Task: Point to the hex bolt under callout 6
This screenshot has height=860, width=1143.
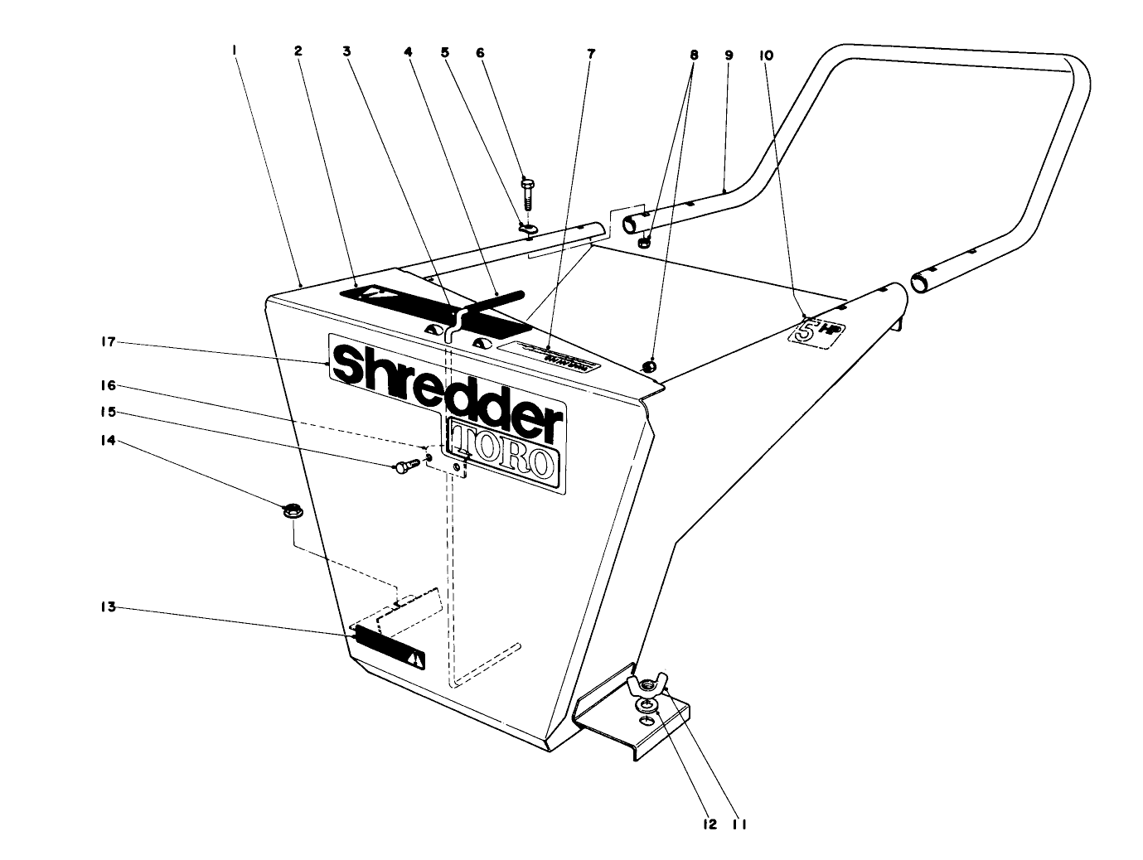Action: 528,196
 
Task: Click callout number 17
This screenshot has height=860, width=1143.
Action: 107,341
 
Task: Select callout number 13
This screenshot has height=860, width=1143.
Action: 107,607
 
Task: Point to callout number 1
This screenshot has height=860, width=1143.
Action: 235,51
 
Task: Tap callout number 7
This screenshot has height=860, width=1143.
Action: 590,54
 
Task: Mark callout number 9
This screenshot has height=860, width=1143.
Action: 729,56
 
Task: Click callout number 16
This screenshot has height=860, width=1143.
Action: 107,385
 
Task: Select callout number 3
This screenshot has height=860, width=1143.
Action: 346,51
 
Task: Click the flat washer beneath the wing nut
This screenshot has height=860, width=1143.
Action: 646,706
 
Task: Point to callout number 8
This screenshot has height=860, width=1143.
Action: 694,56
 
